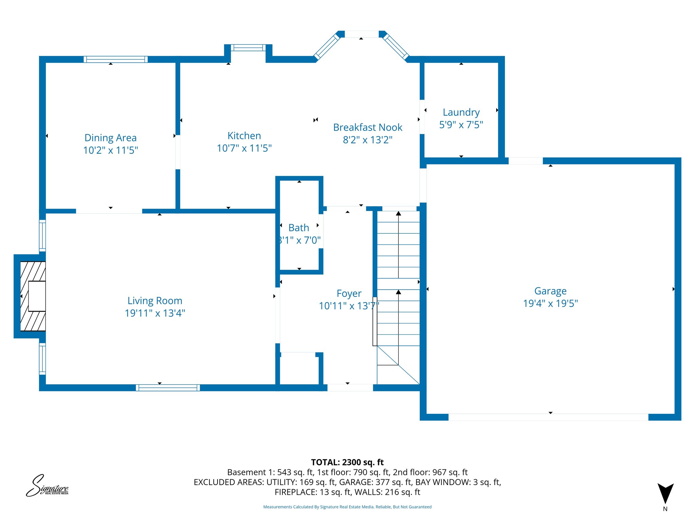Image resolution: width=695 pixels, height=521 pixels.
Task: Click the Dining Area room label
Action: point(110,138)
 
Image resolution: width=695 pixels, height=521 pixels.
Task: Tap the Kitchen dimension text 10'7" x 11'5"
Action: point(244,148)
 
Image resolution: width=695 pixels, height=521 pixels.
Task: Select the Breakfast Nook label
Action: point(368,127)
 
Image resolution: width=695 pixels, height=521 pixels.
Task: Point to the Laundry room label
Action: point(461,112)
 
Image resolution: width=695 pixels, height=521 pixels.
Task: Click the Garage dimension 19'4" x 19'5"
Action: point(550,303)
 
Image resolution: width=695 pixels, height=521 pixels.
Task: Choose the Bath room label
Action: point(299,228)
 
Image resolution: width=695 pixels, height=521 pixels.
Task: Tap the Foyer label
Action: point(349,293)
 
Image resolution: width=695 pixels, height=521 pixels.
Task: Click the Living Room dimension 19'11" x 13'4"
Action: point(155,313)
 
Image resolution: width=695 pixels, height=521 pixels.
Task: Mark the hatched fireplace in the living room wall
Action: point(33,296)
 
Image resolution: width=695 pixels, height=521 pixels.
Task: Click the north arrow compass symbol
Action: point(665,494)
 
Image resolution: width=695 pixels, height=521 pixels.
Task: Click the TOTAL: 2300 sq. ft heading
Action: point(347,462)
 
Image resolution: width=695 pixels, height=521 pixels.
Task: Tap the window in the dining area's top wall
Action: point(115,59)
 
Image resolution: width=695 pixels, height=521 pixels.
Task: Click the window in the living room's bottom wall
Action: point(168,388)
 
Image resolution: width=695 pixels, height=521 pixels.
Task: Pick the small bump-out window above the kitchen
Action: point(248,48)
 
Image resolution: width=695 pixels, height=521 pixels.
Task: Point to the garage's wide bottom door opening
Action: point(548,417)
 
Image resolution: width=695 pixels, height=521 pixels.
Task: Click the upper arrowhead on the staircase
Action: point(398,214)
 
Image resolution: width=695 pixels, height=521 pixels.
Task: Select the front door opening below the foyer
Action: point(350,388)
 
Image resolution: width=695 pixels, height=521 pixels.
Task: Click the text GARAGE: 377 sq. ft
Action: point(375,482)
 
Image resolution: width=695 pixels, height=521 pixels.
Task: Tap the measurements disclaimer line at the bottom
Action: point(347,507)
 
